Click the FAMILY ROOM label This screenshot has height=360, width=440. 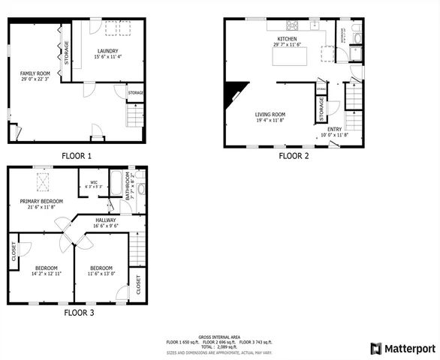click(34, 73)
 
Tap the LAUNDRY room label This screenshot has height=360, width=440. click(108, 51)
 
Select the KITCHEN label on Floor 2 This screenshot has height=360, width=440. click(287, 38)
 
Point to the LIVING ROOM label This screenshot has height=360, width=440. click(270, 114)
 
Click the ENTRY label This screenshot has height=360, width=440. click(334, 129)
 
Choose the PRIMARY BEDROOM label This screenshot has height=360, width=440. click(41, 201)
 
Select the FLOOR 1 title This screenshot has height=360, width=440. click(77, 156)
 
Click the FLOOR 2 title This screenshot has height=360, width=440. click(294, 156)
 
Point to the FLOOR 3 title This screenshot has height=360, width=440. click(79, 312)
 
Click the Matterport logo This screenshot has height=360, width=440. click(402, 348)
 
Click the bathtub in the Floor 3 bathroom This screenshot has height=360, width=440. click(119, 180)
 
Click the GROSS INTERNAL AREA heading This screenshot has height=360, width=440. click(220, 336)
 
